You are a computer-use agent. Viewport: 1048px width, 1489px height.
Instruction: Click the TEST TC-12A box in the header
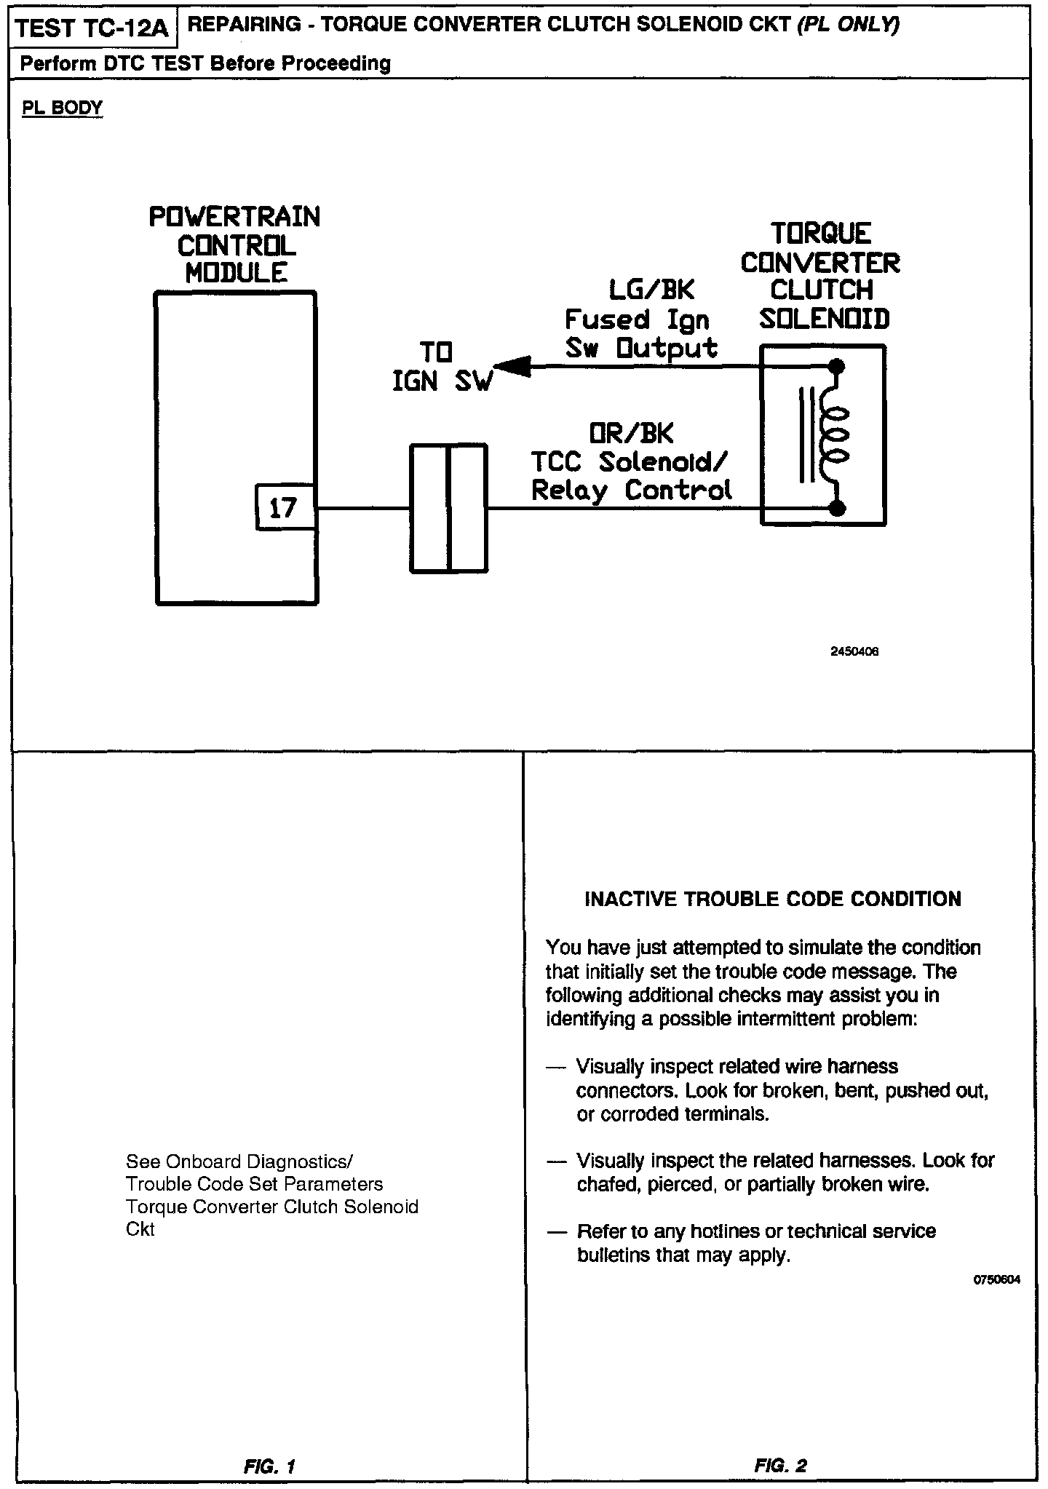coord(92,29)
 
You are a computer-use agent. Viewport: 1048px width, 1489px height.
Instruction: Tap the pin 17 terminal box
coord(285,507)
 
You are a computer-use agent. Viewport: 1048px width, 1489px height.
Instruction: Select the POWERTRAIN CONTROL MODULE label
coord(235,245)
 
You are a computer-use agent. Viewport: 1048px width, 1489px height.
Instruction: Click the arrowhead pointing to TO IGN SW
coord(509,366)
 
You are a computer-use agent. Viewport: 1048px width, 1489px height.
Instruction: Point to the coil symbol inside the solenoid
coord(835,437)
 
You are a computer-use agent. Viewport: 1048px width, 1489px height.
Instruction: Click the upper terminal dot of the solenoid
coord(837,367)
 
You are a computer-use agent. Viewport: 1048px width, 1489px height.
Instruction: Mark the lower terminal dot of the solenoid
coord(837,508)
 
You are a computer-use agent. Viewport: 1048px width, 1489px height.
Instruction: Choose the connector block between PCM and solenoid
coord(448,508)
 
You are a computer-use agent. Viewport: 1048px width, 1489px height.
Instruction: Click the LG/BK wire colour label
coord(651,290)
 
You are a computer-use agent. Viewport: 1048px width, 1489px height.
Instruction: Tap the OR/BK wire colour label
coord(631,434)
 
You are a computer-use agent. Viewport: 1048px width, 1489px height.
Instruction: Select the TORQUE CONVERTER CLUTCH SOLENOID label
coord(822,276)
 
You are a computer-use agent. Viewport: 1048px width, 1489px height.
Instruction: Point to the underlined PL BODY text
coord(63,108)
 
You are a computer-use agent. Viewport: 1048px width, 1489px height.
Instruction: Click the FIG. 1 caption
coord(270,1466)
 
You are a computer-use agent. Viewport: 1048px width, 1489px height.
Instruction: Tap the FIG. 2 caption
coord(781,1466)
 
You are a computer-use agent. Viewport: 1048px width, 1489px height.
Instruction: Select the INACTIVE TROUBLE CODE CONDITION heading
coord(773,900)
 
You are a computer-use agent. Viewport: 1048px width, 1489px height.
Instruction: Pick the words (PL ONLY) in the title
coord(849,25)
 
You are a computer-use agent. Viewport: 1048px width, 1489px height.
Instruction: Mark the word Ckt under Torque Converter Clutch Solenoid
coord(140,1229)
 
